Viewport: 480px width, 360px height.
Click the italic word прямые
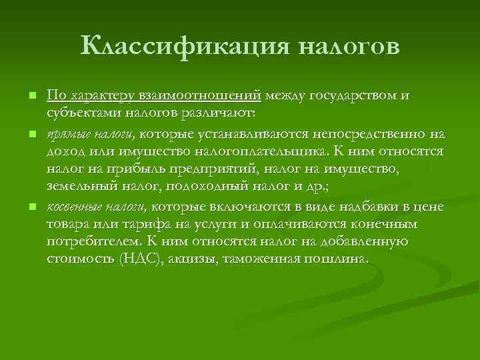tap(65, 135)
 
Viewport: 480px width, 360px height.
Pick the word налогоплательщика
tap(275, 151)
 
